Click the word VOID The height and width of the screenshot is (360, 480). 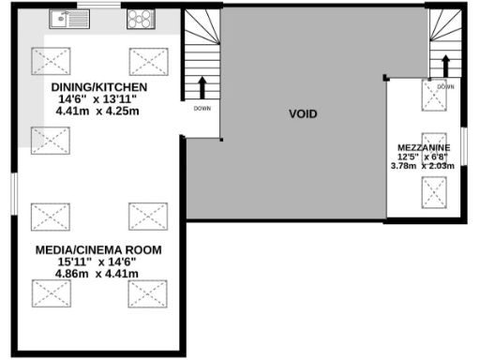[x=302, y=113]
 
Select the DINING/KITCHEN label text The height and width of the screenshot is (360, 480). [x=98, y=86]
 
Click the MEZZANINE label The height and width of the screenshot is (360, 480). [x=423, y=148]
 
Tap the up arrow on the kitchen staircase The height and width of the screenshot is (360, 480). [x=202, y=87]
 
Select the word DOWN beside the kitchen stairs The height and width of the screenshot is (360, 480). [x=202, y=107]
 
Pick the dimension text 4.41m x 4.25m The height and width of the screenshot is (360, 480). [x=97, y=111]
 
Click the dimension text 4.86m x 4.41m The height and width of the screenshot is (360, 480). [x=97, y=274]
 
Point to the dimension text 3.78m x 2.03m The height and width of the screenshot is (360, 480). [x=423, y=166]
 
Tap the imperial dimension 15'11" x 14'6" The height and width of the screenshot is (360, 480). [x=97, y=262]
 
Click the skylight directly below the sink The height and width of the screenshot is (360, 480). [x=50, y=61]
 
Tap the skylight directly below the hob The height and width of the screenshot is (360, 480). [x=147, y=61]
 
